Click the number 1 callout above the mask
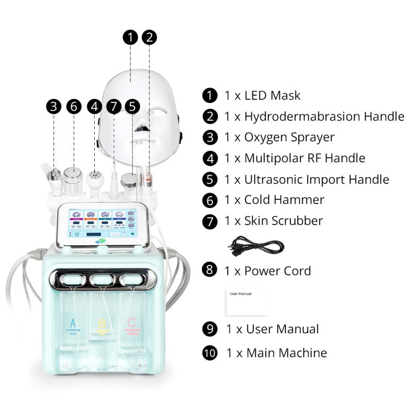tap(131, 37)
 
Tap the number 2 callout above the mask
tap(149, 37)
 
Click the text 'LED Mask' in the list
tap(272, 95)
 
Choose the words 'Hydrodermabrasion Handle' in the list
tap(324, 116)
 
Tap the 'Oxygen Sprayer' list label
tap(289, 137)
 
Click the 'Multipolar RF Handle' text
tap(304, 158)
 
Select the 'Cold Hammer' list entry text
tap(284, 200)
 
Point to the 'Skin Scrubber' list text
tap(283, 221)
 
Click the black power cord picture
tap(254, 245)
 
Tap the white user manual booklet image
tap(246, 302)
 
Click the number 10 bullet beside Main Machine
tap(210, 353)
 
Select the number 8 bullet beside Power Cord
tap(210, 270)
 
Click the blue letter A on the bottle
tap(72, 323)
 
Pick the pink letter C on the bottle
tap(132, 323)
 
